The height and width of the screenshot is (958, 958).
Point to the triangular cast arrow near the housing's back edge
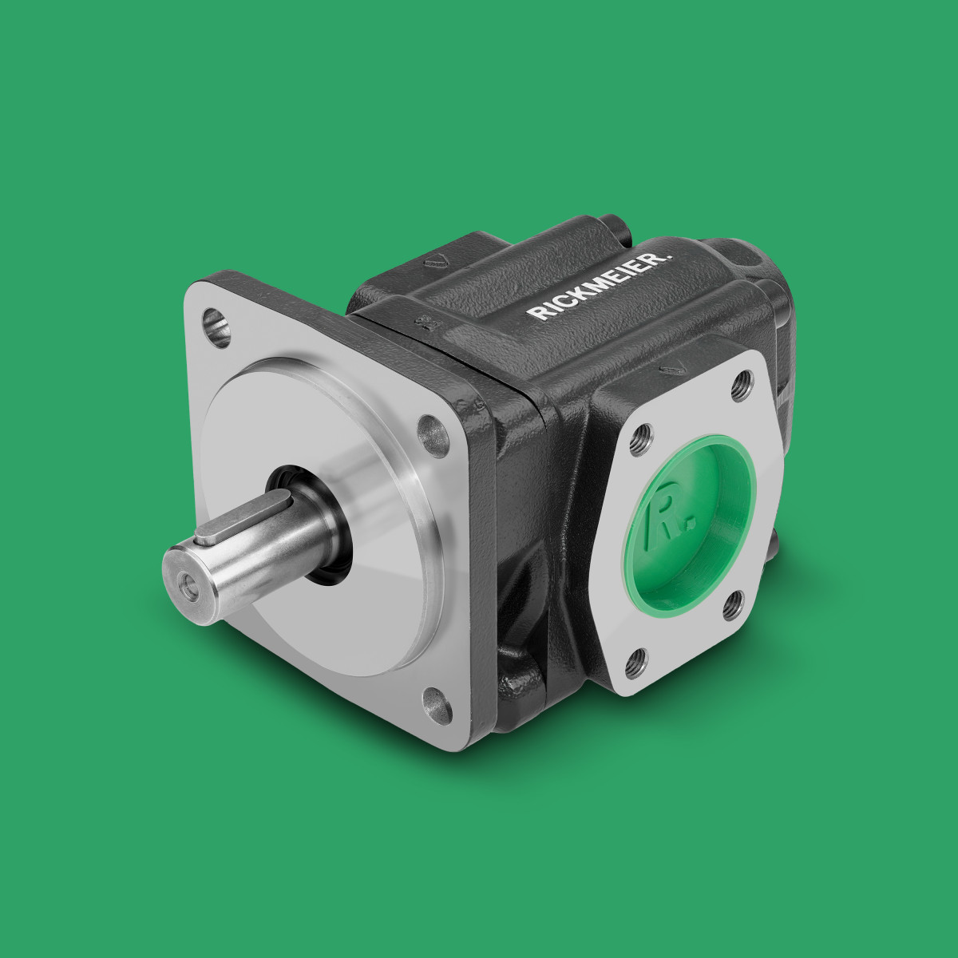click(436, 259)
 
